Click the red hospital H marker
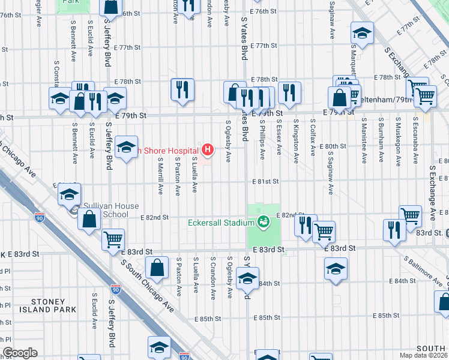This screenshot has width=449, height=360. [x=208, y=148]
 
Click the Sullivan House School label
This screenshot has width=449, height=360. [x=111, y=209]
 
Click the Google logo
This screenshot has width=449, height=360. [x=20, y=353]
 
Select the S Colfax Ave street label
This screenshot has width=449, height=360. [x=313, y=138]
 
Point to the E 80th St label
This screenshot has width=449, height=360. [x=333, y=146]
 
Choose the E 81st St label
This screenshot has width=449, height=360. [x=266, y=181]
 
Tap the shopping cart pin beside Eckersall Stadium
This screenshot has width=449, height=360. [x=324, y=230]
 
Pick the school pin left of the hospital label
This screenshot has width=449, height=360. [x=127, y=147]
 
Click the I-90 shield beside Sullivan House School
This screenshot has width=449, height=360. [x=40, y=217]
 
